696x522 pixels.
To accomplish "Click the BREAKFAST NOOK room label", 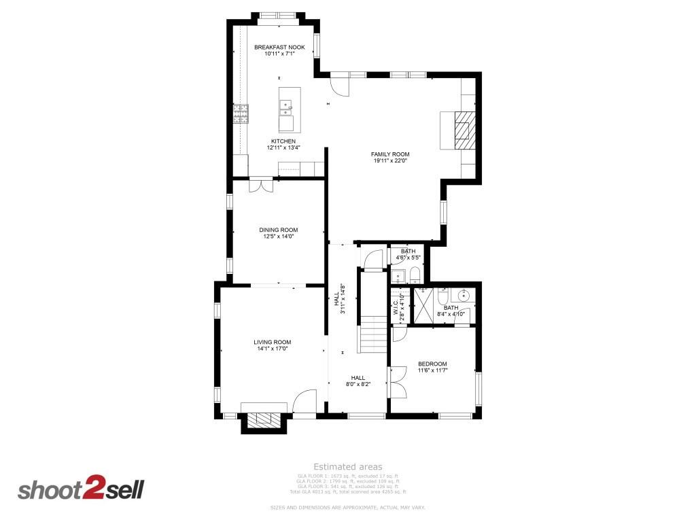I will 279,48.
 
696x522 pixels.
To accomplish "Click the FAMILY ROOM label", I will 389,154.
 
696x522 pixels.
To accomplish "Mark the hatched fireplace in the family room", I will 462,129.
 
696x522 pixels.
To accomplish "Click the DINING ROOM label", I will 279,230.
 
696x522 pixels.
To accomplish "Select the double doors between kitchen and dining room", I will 261,185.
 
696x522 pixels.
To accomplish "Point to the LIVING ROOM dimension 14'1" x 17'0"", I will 273,349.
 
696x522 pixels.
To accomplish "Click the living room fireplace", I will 262,419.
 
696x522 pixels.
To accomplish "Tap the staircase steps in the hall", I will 372,333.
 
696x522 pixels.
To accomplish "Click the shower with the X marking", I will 425,305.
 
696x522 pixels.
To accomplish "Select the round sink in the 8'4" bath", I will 464,296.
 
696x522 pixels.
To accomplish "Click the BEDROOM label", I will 432,364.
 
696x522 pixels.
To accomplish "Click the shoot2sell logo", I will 81,489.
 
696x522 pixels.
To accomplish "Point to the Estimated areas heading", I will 347,467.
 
